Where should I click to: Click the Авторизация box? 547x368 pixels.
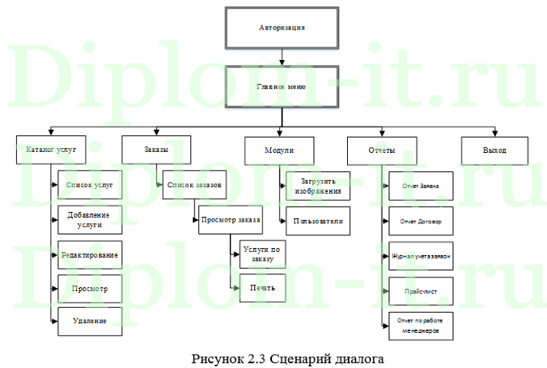click(x=281, y=29)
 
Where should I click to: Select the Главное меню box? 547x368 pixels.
click(x=281, y=86)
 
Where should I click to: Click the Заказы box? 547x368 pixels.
click(x=156, y=150)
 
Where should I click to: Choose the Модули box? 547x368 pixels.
click(x=279, y=150)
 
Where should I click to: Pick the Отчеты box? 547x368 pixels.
click(x=380, y=150)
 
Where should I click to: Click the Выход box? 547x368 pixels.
click(x=494, y=150)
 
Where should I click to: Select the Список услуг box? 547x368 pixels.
click(x=90, y=185)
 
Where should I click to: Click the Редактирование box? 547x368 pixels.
click(x=90, y=254)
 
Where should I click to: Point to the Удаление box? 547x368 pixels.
click(x=90, y=321)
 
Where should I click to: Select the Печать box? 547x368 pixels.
click(x=262, y=287)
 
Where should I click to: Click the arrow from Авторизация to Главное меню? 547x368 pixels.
click(x=281, y=57)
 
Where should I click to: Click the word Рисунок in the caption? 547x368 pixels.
click(x=214, y=358)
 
